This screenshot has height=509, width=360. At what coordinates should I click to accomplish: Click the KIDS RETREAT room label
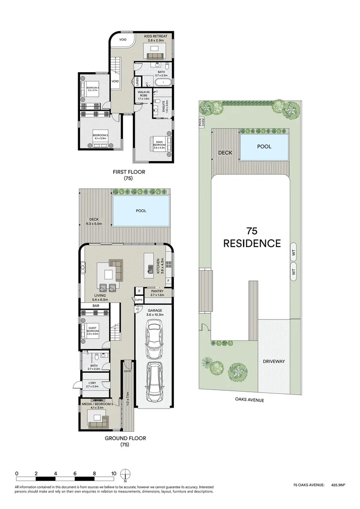[157, 38]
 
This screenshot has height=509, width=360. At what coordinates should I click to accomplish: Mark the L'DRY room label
[92, 384]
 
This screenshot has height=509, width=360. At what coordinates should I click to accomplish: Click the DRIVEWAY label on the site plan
[273, 361]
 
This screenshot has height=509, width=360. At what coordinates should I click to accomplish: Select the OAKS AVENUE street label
[250, 400]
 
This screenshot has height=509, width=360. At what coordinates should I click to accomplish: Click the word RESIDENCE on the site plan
[252, 244]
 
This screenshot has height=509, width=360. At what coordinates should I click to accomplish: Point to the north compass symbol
[125, 475]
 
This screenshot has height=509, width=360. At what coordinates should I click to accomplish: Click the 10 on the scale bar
[113, 473]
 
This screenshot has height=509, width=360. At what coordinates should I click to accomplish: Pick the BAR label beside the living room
[96, 306]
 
